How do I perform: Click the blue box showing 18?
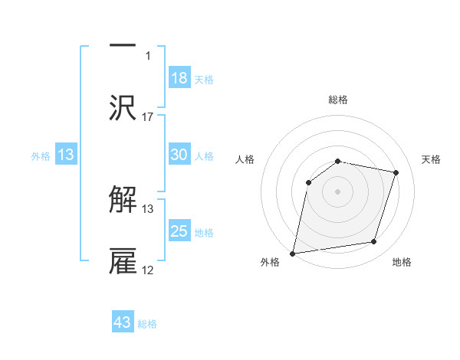(179, 77)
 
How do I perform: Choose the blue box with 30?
(179, 155)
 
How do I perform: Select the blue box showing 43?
(123, 322)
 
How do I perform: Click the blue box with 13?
(66, 155)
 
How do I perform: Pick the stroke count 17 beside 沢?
(148, 117)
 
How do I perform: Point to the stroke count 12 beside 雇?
(148, 270)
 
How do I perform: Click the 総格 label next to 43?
(148, 324)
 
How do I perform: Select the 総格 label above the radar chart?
(338, 100)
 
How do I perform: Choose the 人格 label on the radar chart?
(245, 159)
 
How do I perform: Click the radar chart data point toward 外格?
(293, 253)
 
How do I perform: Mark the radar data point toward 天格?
(396, 173)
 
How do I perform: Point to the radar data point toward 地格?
(374, 242)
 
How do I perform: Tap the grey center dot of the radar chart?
(337, 191)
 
